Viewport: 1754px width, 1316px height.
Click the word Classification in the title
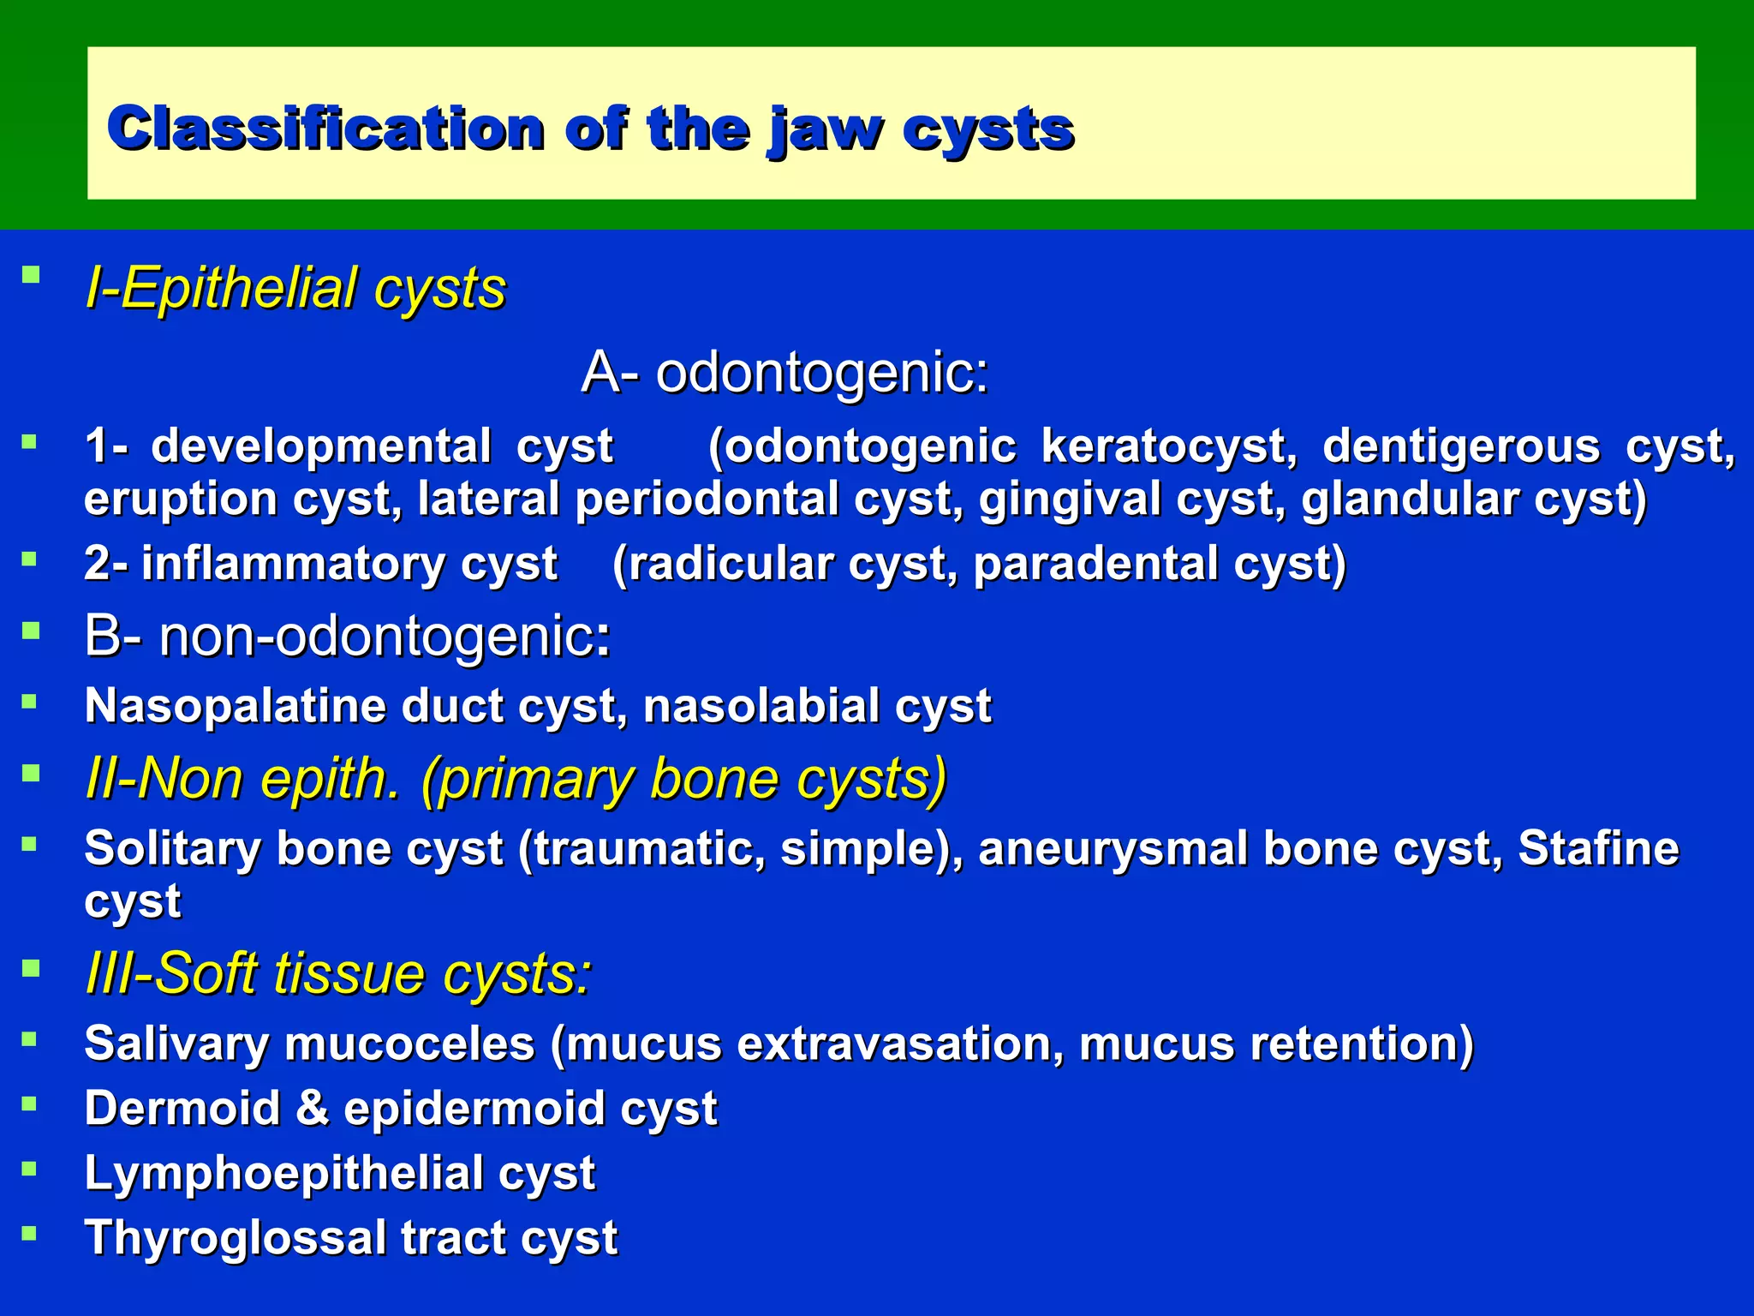[325, 130]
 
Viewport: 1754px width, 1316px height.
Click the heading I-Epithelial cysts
[295, 288]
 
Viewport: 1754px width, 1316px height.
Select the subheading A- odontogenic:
[785, 373]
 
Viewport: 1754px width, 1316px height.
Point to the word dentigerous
[1460, 447]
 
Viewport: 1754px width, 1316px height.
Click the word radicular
[737, 565]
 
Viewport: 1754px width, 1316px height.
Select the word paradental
[1095, 565]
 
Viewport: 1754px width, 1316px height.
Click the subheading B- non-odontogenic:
[347, 637]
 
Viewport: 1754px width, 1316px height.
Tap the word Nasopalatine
[236, 707]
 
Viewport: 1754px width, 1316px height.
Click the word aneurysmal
[1113, 849]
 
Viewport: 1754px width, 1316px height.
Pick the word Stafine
[1598, 849]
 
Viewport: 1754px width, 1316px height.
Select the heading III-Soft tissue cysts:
[338, 974]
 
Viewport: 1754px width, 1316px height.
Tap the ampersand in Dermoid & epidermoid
[313, 1109]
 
